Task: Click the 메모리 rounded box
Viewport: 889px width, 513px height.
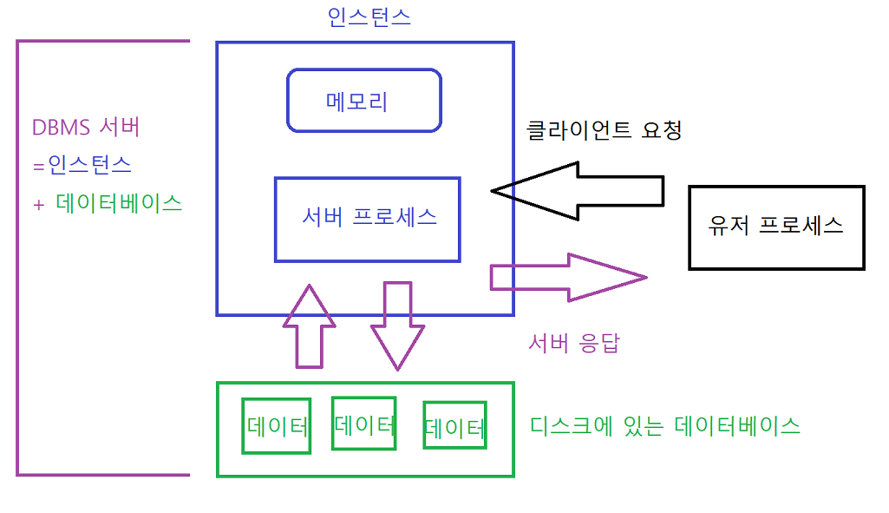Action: (x=364, y=101)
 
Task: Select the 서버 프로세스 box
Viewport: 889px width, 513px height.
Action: (x=368, y=219)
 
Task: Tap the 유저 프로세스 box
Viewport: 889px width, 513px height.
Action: (x=776, y=227)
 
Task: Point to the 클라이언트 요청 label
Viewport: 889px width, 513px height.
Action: (x=605, y=131)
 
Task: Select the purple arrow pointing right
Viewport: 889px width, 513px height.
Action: (x=568, y=277)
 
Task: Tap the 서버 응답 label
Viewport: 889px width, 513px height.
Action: (x=574, y=343)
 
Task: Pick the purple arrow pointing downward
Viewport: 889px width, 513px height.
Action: (x=397, y=326)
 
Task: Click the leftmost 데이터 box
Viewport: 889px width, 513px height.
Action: (x=277, y=426)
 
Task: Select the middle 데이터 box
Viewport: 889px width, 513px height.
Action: (x=364, y=424)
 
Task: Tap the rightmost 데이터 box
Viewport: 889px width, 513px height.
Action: (x=454, y=426)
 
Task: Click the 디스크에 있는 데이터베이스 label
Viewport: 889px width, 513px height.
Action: (x=664, y=426)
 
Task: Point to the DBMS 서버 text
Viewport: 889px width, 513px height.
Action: (x=86, y=128)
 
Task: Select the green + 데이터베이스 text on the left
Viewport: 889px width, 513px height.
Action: (x=108, y=203)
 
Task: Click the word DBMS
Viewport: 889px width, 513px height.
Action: (x=61, y=128)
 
